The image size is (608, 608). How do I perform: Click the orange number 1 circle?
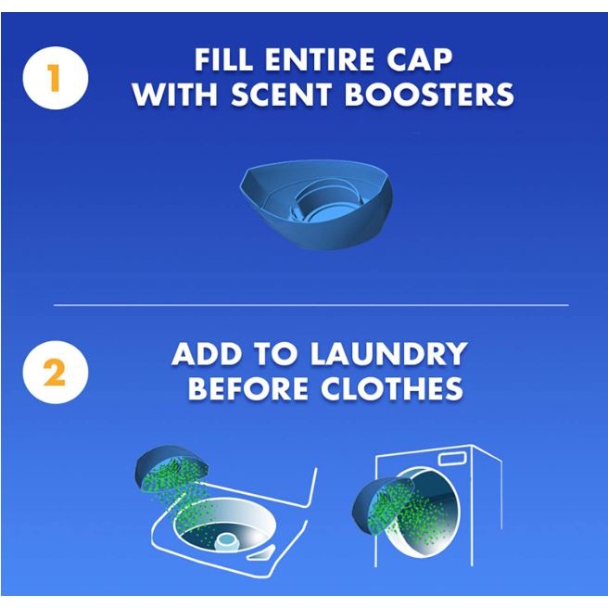click(x=56, y=78)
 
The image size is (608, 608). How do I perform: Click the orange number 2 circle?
click(x=56, y=373)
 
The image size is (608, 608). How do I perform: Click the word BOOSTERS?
click(x=429, y=95)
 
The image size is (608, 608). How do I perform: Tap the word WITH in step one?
click(x=175, y=95)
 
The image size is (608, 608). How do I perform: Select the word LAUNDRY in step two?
click(x=388, y=353)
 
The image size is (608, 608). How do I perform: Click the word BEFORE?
click(x=248, y=388)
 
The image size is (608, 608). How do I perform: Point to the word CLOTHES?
click(x=392, y=388)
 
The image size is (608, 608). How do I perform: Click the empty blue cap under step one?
click(x=316, y=204)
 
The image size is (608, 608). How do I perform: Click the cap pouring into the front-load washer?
click(x=382, y=504)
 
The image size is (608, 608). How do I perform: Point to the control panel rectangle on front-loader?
click(x=451, y=459)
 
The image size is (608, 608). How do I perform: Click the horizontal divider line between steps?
click(x=311, y=305)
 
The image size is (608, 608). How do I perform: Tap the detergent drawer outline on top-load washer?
click(x=261, y=553)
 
